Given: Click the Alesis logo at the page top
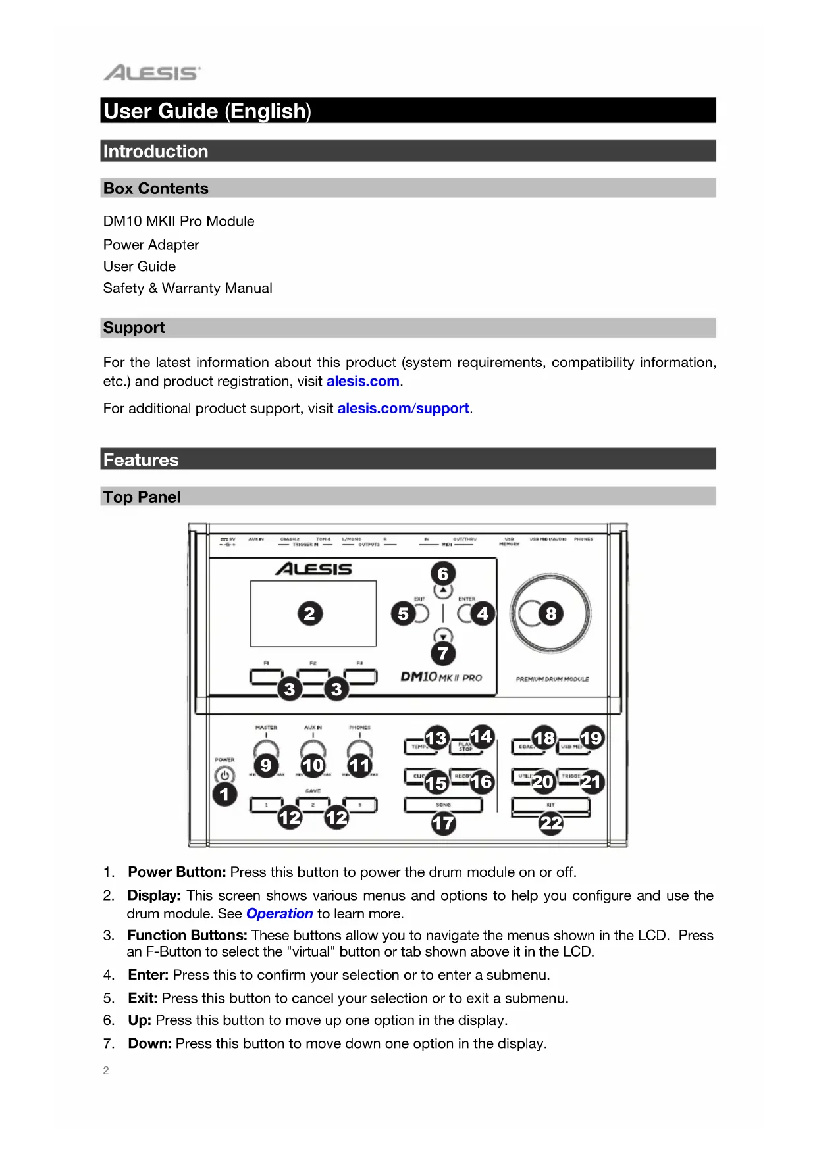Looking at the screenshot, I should (151, 72).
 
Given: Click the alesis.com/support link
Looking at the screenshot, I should (403, 409).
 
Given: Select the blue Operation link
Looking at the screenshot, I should (279, 914).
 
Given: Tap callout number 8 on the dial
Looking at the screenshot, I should (551, 614).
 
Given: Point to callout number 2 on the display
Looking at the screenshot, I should (309, 614).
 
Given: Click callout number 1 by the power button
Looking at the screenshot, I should (224, 794).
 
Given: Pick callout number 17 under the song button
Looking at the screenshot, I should (443, 823).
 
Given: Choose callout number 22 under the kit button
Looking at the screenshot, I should (551, 823).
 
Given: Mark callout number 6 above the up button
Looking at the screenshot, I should (443, 574).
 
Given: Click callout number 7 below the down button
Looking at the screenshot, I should (443, 653).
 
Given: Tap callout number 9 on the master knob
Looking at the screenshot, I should (265, 765).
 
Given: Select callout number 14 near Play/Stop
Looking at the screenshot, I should (481, 736).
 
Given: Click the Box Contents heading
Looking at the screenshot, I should (156, 189).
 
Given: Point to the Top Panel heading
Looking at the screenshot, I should (142, 497).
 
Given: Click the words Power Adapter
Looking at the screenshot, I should (151, 245).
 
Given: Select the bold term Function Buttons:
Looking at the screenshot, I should (188, 936).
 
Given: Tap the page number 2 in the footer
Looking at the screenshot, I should (106, 1070).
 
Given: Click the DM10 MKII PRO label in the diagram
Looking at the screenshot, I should (441, 677).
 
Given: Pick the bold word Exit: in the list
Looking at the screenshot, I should (143, 999).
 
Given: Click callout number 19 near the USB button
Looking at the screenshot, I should (591, 738).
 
